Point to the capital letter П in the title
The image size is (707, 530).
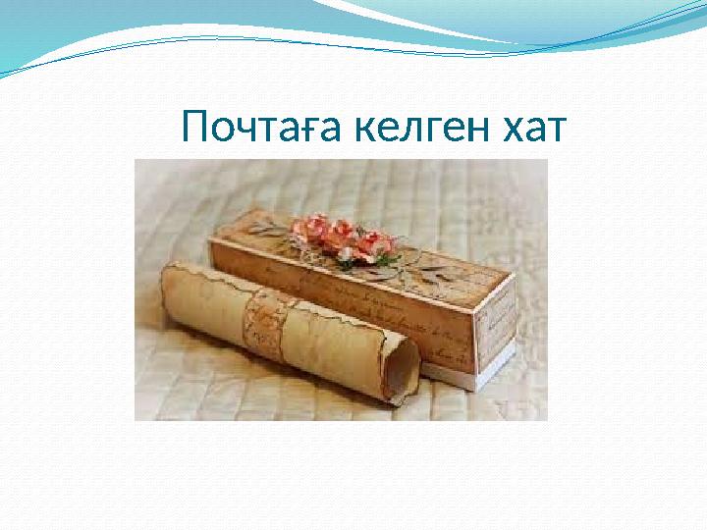pyautogui.click(x=194, y=128)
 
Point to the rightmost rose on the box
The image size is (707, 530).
pyautogui.click(x=374, y=241)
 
